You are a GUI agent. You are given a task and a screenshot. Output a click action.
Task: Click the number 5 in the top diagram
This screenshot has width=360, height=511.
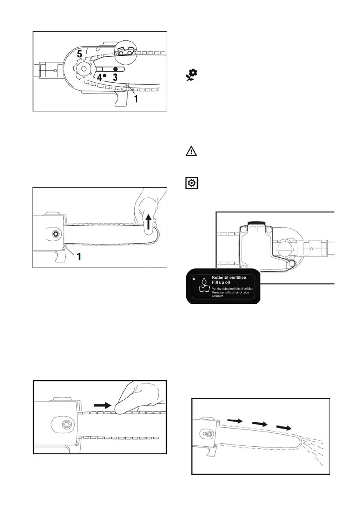pos(79,54)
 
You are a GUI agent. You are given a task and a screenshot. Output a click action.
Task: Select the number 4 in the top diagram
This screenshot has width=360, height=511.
pos(99,78)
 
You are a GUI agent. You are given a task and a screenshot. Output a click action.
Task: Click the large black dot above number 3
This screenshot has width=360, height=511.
pos(115,69)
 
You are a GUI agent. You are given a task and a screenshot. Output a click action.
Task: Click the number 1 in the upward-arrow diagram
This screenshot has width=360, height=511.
pos(79,257)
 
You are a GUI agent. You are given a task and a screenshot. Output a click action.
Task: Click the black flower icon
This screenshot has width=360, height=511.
pos(191,76)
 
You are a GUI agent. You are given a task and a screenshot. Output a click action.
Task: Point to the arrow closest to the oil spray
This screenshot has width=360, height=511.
pos(283,427)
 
